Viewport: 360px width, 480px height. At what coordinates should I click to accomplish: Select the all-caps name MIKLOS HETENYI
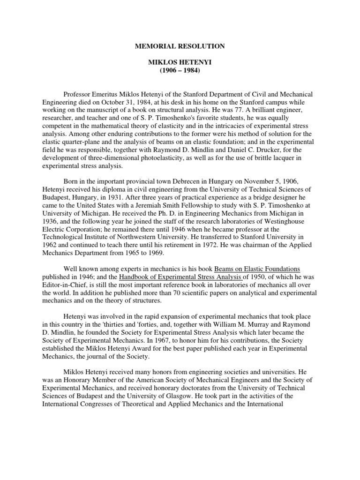tap(180, 62)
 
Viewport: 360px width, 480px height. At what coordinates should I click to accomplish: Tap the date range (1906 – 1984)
tap(180, 70)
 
